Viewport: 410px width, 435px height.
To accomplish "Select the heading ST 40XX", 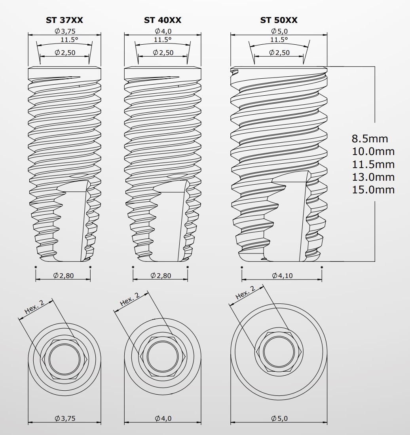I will tap(163, 20).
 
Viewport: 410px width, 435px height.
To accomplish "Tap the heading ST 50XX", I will tap(279, 20).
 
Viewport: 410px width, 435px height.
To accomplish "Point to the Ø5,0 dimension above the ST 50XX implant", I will tap(279, 31).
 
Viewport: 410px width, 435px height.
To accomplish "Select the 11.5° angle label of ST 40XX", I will tap(163, 40).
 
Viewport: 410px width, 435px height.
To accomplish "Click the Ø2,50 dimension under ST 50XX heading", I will tap(279, 53).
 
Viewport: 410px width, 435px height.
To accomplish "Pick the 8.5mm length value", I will tap(370, 139).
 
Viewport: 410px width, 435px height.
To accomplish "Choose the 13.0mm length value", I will tap(373, 177).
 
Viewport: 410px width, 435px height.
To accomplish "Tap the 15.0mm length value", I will tap(373, 189).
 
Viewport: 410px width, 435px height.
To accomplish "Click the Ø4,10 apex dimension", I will tap(282, 276).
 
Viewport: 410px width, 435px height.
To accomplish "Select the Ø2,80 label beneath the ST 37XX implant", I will tap(63, 276).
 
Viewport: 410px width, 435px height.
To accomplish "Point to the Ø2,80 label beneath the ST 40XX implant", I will tap(161, 276).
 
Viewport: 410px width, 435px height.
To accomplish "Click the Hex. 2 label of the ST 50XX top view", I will tap(245, 293).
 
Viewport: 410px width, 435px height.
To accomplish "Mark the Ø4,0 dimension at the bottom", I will tap(163, 418).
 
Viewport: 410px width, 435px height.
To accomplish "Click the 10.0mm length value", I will tap(373, 151).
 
